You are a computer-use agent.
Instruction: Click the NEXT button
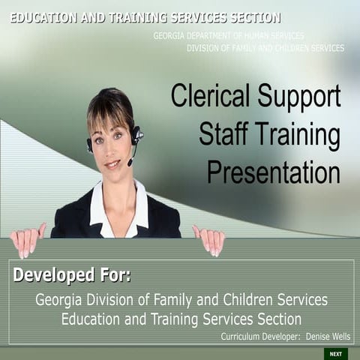point(335,353)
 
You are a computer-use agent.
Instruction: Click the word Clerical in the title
point(212,97)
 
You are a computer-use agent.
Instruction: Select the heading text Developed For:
point(72,275)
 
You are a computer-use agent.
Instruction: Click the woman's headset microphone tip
point(130,163)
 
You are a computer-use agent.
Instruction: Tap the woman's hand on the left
point(28,240)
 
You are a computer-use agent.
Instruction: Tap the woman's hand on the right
point(209,240)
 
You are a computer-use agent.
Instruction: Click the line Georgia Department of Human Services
point(229,36)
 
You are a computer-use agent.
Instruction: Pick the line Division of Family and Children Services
point(265,48)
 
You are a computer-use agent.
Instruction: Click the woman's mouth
point(112,163)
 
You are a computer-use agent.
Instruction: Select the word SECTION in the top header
point(250,17)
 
